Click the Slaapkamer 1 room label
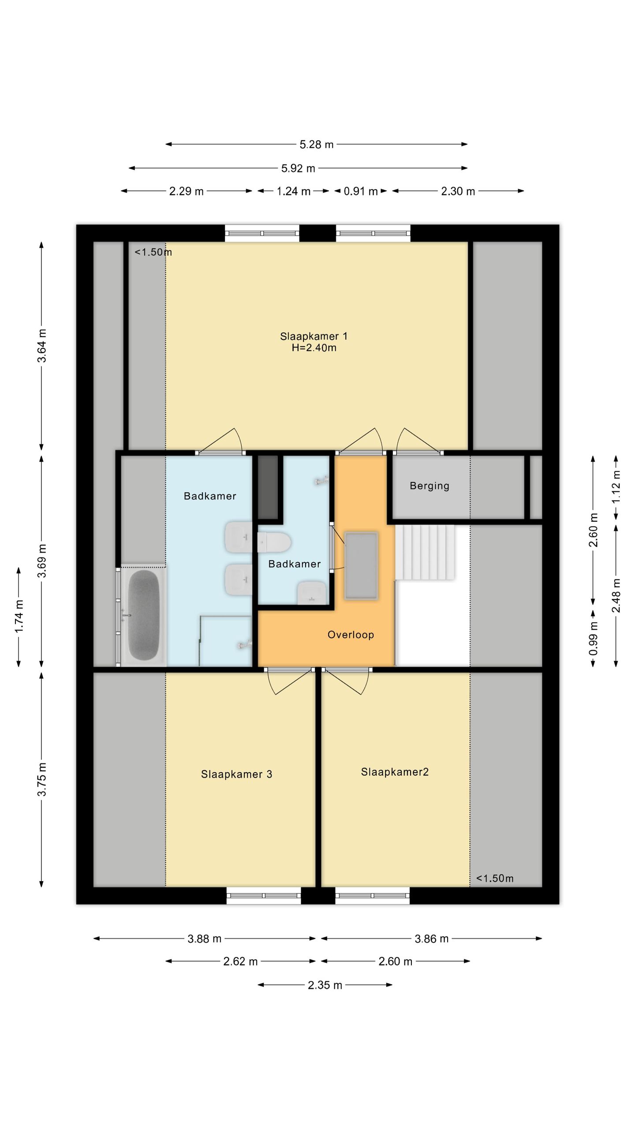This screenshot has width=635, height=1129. point(314,336)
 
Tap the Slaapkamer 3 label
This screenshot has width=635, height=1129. point(236,774)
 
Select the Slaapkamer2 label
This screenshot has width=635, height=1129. point(395,772)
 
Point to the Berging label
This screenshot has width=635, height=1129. point(430,486)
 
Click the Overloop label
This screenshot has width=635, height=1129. point(351,635)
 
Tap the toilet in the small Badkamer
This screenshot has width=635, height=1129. point(274,542)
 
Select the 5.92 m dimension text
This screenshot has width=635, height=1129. point(298,168)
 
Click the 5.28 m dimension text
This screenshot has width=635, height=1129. point(317,145)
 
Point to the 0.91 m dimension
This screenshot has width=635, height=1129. point(361,191)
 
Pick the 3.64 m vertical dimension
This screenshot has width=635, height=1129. point(41,346)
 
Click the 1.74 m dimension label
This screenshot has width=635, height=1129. point(19,616)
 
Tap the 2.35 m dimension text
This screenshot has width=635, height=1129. point(325,985)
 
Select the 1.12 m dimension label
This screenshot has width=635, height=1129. point(616,487)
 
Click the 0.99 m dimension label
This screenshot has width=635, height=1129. point(594,638)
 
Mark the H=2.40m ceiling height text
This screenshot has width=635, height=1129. point(314,348)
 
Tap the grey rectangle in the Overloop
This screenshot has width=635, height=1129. point(361,566)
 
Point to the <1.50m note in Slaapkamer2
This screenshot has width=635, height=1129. point(495,879)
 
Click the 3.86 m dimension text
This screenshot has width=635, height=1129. point(431,939)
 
